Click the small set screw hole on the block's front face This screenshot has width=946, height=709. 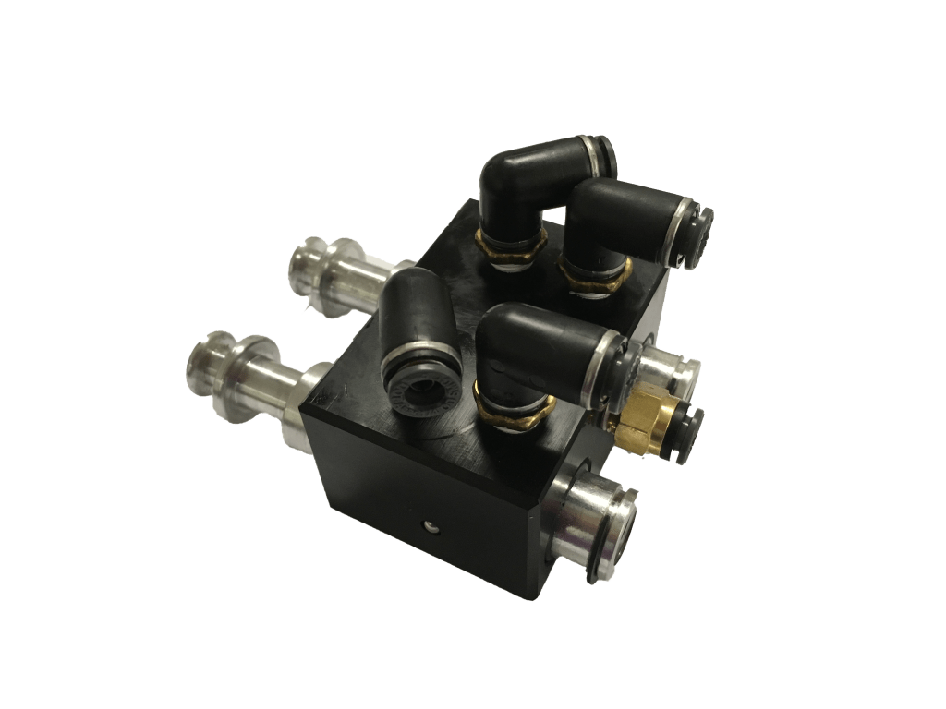tap(430, 525)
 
